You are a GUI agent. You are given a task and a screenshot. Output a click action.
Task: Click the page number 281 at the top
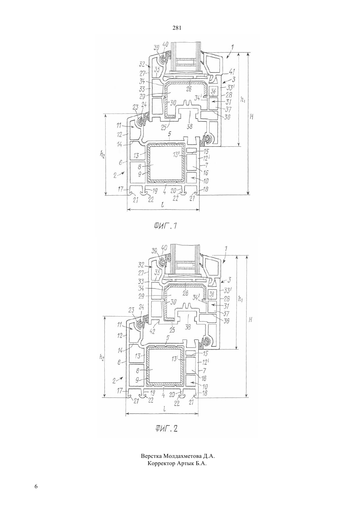coord(177,28)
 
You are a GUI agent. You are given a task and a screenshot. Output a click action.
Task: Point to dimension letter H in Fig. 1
coord(251,117)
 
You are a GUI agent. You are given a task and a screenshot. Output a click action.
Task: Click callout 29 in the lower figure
coord(141,296)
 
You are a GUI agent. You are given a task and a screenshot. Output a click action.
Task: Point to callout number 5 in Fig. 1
coord(169,139)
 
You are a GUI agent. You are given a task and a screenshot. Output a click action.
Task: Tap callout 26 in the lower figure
coord(185,293)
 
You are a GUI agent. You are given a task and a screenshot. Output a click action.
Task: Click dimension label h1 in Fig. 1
coord(243,100)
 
